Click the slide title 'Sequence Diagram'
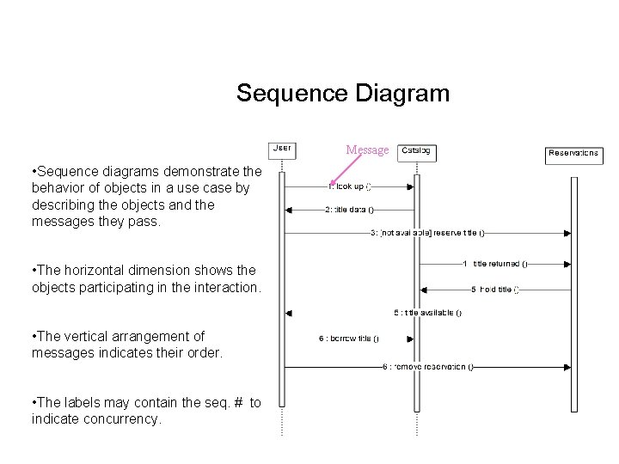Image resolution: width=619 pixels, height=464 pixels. tap(342, 93)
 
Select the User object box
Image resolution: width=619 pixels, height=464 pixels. tap(282, 150)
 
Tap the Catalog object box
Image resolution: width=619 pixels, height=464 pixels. tap(418, 151)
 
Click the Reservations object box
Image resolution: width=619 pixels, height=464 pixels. tap(573, 155)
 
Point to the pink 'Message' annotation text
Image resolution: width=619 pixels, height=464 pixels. tap(367, 150)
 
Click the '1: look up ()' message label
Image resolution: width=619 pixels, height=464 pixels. tap(350, 186)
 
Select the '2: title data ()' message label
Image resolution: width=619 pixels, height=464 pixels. tap(349, 209)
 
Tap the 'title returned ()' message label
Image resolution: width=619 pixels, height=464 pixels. tap(496, 264)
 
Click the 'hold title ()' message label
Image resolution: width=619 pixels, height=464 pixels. tap(494, 290)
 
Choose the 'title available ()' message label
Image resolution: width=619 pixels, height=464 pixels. tap(427, 313)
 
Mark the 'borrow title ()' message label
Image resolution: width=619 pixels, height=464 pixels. tap(348, 339)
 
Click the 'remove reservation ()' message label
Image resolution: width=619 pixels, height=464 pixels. tap(427, 367)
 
